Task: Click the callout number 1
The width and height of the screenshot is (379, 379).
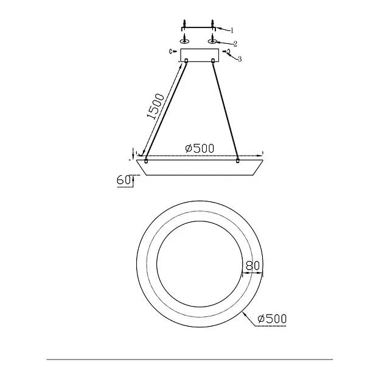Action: pyautogui.click(x=232, y=30)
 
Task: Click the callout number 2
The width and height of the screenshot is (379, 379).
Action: pyautogui.click(x=235, y=44)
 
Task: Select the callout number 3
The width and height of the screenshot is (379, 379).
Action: pyautogui.click(x=240, y=59)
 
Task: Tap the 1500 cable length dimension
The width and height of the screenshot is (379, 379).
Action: pyautogui.click(x=156, y=106)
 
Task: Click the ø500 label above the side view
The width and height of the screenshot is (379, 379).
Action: pyautogui.click(x=200, y=148)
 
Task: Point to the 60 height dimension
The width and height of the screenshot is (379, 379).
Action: pyautogui.click(x=123, y=180)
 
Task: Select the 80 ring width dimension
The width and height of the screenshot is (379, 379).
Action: pyautogui.click(x=253, y=266)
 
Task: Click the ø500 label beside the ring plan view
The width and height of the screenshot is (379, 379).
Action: pyautogui.click(x=272, y=319)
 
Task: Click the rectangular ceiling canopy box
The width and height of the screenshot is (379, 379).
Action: pyautogui.click(x=200, y=55)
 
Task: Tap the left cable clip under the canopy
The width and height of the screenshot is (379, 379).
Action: pyautogui.click(x=186, y=60)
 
